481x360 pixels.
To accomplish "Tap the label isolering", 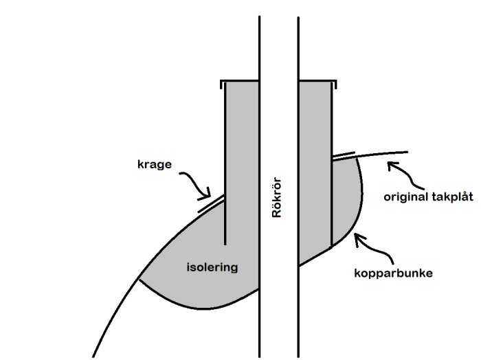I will coord(212,267).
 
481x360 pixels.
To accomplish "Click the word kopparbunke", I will coord(392,273).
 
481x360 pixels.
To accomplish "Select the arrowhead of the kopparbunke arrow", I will coord(355,237).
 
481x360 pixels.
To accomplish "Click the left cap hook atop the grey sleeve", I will coord(221,85).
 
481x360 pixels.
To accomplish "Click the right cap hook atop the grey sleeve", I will coord(336,85).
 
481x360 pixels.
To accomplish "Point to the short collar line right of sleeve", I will coord(343,155).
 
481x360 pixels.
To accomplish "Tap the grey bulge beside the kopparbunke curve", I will coord(346,199).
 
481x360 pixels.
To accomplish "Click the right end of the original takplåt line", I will coord(407,152).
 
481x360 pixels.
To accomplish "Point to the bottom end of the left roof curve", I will coord(93,357).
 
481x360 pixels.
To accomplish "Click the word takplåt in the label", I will coord(450,197).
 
